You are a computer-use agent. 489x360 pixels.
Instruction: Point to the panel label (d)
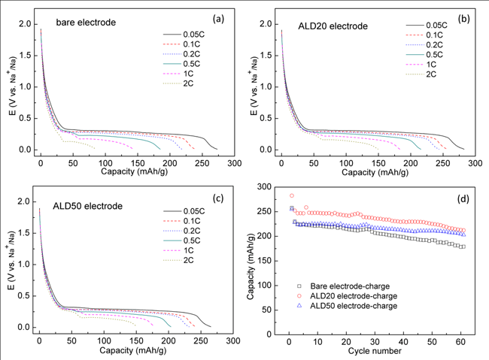coord(463,198)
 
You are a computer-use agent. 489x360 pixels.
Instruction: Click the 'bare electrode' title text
coord(90,23)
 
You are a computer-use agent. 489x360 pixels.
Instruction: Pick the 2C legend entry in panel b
coord(432,74)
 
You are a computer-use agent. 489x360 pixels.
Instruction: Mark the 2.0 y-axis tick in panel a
coord(24,24)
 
